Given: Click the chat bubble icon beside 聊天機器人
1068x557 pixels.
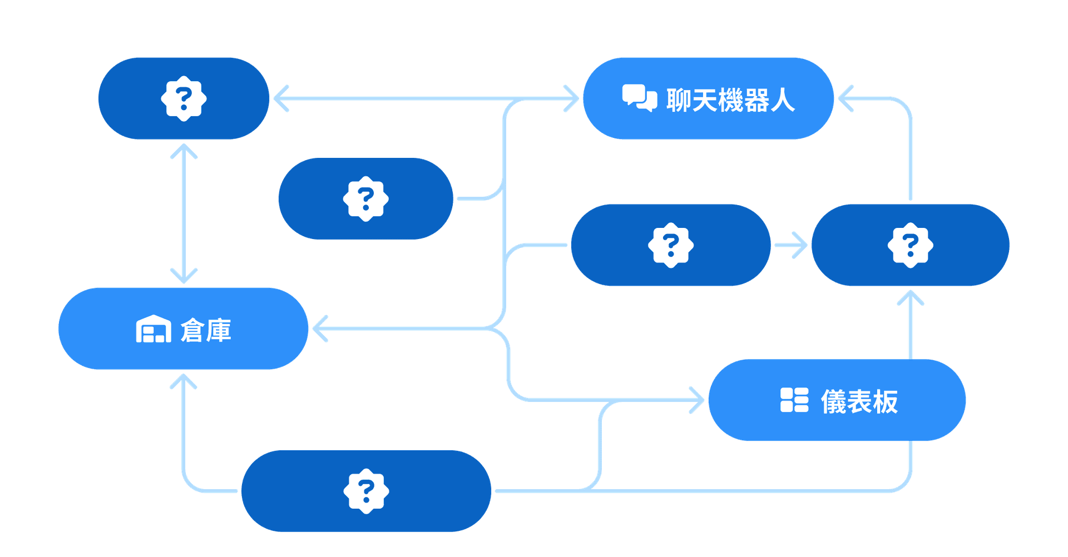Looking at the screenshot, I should pyautogui.click(x=639, y=98).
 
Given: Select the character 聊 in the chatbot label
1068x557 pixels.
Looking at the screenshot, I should pyautogui.click(x=679, y=101).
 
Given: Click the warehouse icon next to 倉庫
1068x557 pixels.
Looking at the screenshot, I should pyautogui.click(x=154, y=329).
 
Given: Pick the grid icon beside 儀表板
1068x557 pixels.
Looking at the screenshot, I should pyautogui.click(x=794, y=400).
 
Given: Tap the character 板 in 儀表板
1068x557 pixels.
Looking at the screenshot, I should pyautogui.click(x=885, y=401).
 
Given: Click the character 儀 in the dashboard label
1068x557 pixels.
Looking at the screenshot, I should pyautogui.click(x=833, y=401).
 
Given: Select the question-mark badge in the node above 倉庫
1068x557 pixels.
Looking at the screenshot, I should pyautogui.click(x=184, y=99).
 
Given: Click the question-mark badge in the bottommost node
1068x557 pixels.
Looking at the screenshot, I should pyautogui.click(x=365, y=491).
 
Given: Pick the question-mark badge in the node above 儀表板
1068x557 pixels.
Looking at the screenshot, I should pyautogui.click(x=910, y=245).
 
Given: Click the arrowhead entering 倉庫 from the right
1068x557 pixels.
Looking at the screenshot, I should pyautogui.click(x=319, y=329).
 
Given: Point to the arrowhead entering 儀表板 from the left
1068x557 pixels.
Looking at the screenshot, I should pyautogui.click(x=698, y=400).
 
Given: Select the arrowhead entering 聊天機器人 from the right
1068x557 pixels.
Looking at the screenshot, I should pyautogui.click(x=845, y=99).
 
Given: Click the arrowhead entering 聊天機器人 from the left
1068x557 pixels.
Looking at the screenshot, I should pyautogui.click(x=572, y=99).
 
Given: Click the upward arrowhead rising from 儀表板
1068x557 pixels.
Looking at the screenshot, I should pyautogui.click(x=911, y=298).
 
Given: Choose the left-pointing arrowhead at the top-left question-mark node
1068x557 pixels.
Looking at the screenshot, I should pyautogui.click(x=280, y=99).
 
